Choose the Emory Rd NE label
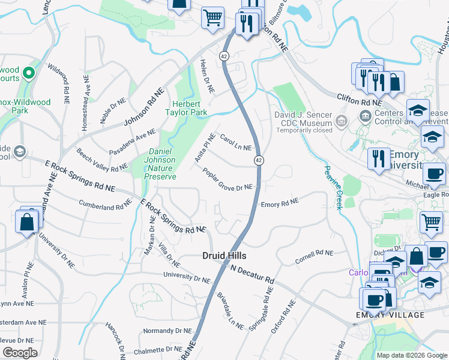pyautogui.click(x=280, y=204)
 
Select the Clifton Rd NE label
pyautogui.click(x=356, y=103)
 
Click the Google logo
pyautogui.click(x=20, y=352)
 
